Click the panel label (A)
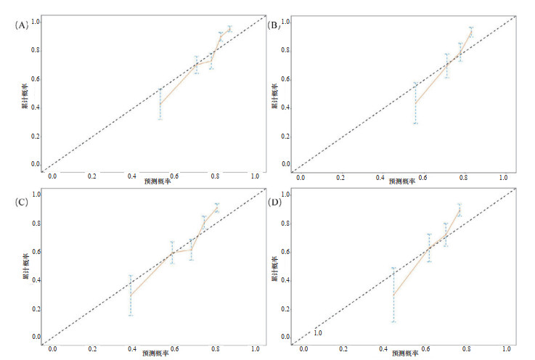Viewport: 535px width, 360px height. pos(21,25)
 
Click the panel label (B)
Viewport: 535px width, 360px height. pos(274,25)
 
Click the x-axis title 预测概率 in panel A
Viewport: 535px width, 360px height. pos(156,180)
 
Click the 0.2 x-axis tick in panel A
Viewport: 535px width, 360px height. pos(92,176)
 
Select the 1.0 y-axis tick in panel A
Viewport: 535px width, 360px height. pos(35,22)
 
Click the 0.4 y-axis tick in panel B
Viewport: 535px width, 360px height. pos(285,107)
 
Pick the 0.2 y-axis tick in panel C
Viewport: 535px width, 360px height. pos(35,308)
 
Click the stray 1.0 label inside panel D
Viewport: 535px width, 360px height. pos(317,333)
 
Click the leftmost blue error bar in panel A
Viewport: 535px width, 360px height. pos(160,104)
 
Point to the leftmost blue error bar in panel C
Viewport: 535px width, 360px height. pos(131,295)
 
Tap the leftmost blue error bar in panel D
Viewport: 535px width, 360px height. pos(393,295)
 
